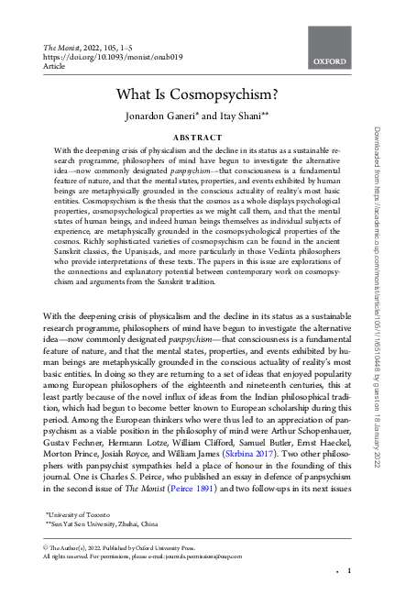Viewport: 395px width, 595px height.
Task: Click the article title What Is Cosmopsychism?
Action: [197, 94]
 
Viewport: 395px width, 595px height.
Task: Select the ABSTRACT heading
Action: [197, 137]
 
